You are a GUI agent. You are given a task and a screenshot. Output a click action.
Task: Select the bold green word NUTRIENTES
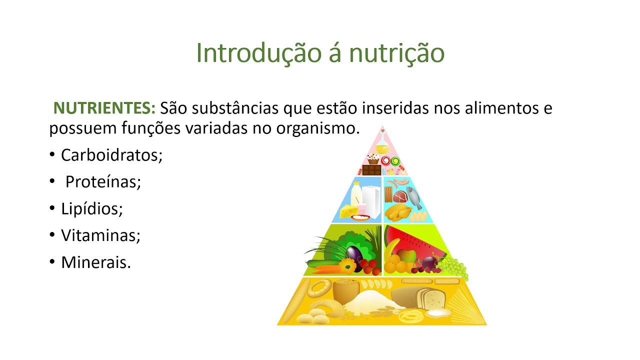point(104,108)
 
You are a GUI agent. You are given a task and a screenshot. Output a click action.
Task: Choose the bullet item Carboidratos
point(112,155)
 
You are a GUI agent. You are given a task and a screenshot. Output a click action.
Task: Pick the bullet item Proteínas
point(103,182)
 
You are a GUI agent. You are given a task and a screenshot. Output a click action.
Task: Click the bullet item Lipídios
point(92,208)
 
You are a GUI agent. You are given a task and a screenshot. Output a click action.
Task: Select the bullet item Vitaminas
point(100,235)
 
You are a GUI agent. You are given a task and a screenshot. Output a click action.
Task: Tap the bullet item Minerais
point(96,262)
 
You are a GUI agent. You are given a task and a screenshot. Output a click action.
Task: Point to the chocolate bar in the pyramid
point(371,170)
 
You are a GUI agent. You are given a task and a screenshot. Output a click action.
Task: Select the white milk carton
point(370,200)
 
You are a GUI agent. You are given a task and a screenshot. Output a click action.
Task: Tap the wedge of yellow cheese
point(347,212)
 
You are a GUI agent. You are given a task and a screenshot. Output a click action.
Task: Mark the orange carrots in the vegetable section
point(325,270)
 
